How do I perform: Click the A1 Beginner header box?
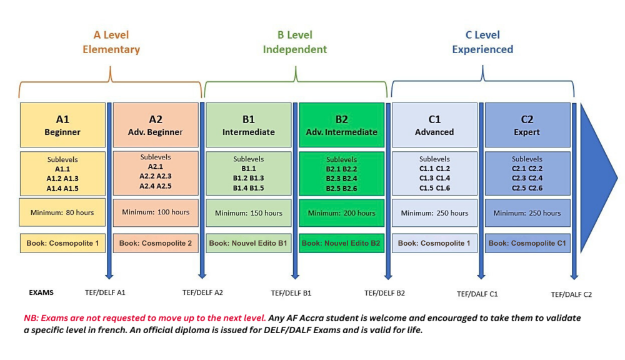(x=62, y=125)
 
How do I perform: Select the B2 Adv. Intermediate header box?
(x=342, y=125)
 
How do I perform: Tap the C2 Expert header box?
(x=527, y=125)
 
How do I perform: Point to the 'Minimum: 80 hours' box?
(x=62, y=212)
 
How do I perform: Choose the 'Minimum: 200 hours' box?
(x=342, y=213)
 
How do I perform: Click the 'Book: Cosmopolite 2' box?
(x=156, y=243)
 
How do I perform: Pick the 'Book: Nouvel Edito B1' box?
(x=248, y=243)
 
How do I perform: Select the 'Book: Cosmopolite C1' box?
(x=527, y=243)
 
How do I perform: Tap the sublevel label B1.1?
(x=249, y=169)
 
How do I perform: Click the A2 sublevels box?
(x=156, y=173)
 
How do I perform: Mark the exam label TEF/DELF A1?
(x=105, y=292)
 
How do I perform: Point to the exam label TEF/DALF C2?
(x=571, y=294)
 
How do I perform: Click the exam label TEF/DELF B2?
(x=384, y=293)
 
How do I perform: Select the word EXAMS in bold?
(x=41, y=292)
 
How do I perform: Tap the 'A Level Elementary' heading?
(x=111, y=42)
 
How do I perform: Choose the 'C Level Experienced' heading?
(x=482, y=42)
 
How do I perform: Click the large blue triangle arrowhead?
(x=598, y=177)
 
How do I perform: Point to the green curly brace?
(x=296, y=82)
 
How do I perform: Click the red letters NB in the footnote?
(x=30, y=318)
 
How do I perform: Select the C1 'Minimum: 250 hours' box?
(x=434, y=213)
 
